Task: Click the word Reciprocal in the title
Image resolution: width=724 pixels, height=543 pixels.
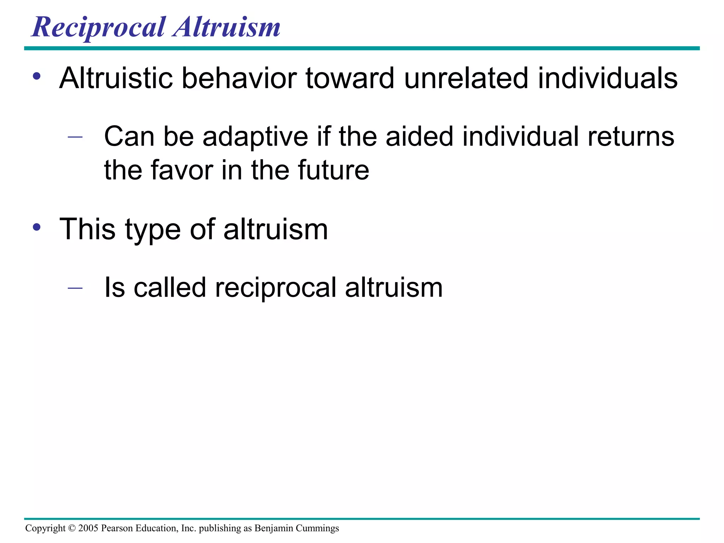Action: pyautogui.click(x=98, y=28)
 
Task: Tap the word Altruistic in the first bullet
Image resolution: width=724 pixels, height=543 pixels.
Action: pyautogui.click(x=116, y=78)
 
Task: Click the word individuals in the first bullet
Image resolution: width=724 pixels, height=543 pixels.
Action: pyautogui.click(x=608, y=78)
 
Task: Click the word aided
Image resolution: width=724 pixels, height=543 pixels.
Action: pyautogui.click(x=419, y=136)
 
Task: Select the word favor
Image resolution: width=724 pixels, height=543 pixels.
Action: pyautogui.click(x=182, y=170)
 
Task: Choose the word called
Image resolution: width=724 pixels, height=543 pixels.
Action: pyautogui.click(x=170, y=287)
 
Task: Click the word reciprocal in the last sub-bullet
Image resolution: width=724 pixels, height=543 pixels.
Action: pyautogui.click(x=275, y=288)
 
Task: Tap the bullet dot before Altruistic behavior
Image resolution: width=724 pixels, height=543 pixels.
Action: pyautogui.click(x=37, y=76)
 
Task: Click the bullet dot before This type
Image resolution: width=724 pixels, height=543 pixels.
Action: pyautogui.click(x=37, y=227)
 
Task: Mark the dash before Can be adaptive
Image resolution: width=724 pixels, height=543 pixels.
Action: pyautogui.click(x=75, y=136)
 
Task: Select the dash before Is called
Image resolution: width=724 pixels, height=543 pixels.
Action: pyautogui.click(x=75, y=288)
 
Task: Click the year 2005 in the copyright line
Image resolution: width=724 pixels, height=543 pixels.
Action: pyautogui.click(x=88, y=528)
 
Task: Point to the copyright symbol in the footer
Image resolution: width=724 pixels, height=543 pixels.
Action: pyautogui.click(x=72, y=528)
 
